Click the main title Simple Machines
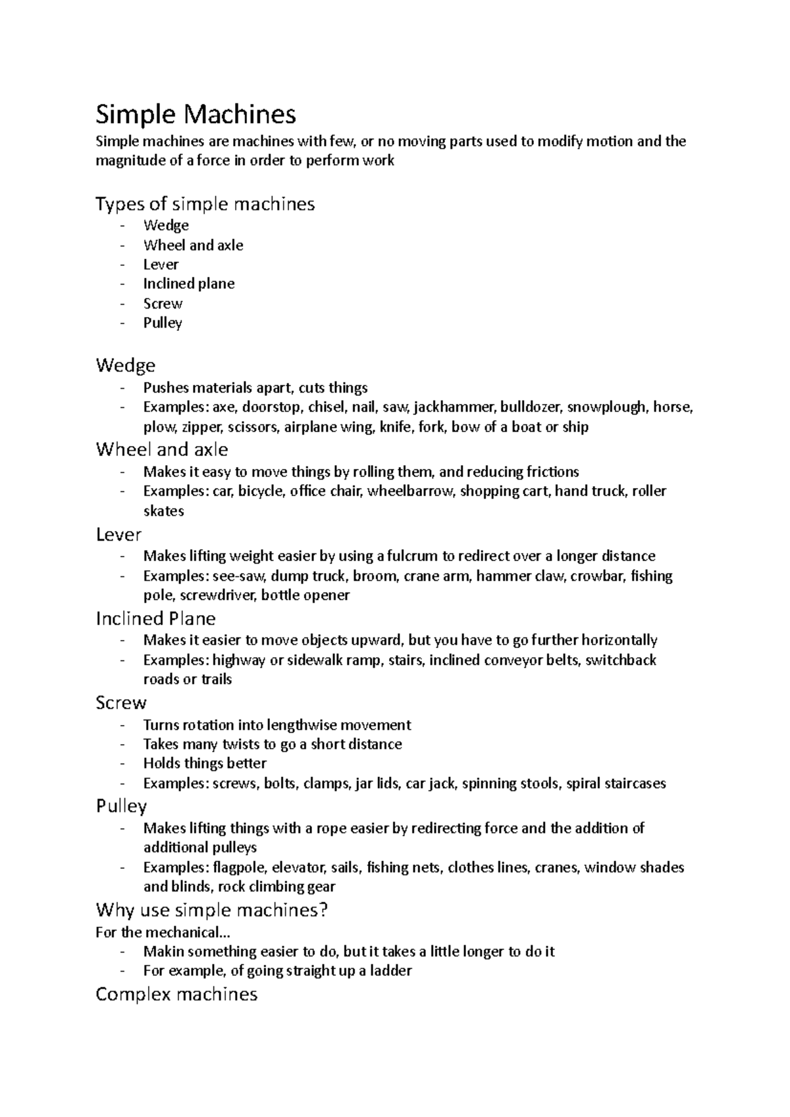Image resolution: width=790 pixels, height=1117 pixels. tap(196, 114)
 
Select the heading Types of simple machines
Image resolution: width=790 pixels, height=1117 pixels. tap(205, 204)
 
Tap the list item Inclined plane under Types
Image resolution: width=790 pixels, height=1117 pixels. tap(188, 284)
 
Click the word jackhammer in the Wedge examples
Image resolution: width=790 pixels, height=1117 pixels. tap(454, 407)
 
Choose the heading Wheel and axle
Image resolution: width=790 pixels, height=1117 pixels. tap(162, 450)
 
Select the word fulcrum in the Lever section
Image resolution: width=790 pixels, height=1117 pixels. tap(412, 557)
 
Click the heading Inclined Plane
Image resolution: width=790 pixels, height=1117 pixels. tap(155, 618)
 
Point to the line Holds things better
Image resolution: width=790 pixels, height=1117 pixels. tap(205, 764)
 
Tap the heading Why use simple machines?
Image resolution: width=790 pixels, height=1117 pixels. tap(211, 910)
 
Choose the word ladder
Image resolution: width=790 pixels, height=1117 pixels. tap(391, 971)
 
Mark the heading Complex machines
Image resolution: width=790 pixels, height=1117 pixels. tap(176, 994)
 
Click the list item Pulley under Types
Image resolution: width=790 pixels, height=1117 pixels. tap(163, 323)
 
